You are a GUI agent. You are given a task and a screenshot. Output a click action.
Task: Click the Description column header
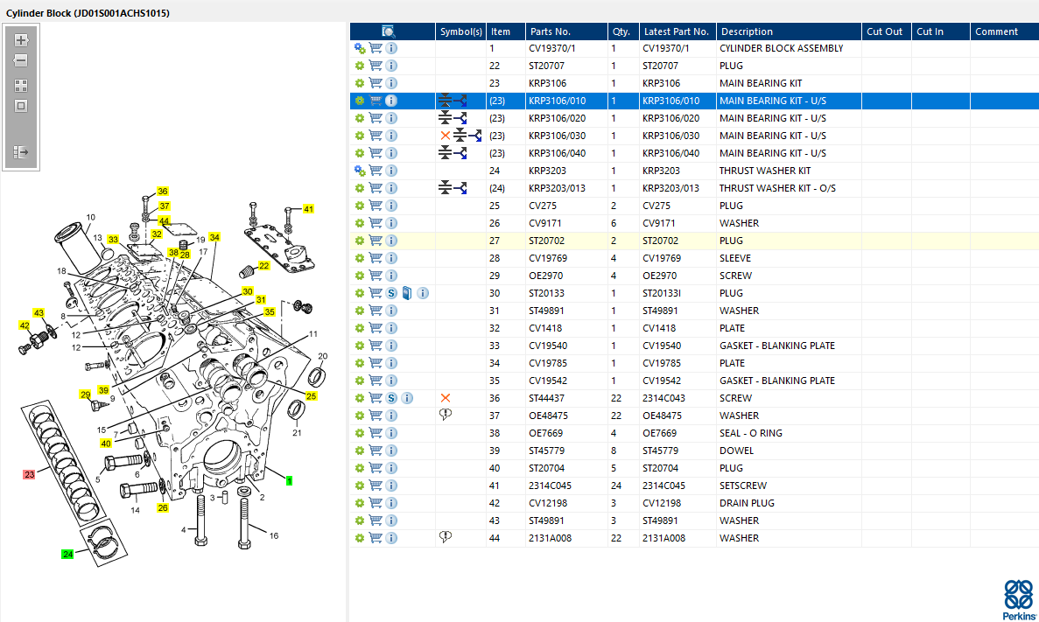pos(747,31)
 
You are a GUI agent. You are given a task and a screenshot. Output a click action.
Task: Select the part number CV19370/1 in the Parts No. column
pos(552,48)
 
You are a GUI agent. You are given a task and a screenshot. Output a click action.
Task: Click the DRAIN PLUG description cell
pos(747,503)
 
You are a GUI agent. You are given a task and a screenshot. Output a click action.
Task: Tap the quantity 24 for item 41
pos(616,486)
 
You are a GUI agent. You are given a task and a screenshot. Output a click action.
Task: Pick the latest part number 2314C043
pos(664,398)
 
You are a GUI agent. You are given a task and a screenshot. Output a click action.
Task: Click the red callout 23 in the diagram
pos(29,474)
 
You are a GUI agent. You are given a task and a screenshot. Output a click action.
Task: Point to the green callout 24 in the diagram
pos(67,554)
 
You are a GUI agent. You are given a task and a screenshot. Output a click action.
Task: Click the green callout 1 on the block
pos(289,481)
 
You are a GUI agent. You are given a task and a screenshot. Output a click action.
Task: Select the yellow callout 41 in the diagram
pos(308,209)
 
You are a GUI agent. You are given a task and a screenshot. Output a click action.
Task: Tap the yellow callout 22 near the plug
pos(263,266)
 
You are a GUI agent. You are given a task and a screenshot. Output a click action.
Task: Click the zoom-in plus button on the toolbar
pos(21,40)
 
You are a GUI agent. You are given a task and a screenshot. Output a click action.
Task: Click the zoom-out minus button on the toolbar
pos(21,61)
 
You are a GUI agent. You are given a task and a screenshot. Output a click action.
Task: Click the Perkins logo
pos(1019,599)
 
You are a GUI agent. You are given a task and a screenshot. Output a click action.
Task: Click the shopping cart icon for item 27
pos(376,241)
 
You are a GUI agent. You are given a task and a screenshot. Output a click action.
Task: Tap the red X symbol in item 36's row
pos(446,398)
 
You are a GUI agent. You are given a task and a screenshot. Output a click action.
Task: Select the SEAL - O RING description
pos(751,433)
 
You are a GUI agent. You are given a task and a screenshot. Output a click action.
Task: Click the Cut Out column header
pos(885,31)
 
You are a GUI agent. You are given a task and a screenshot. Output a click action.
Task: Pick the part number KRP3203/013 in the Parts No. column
pos(558,188)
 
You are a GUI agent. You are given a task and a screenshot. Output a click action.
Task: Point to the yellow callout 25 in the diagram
pos(311,396)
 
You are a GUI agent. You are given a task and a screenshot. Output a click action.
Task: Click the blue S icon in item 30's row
pos(391,293)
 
